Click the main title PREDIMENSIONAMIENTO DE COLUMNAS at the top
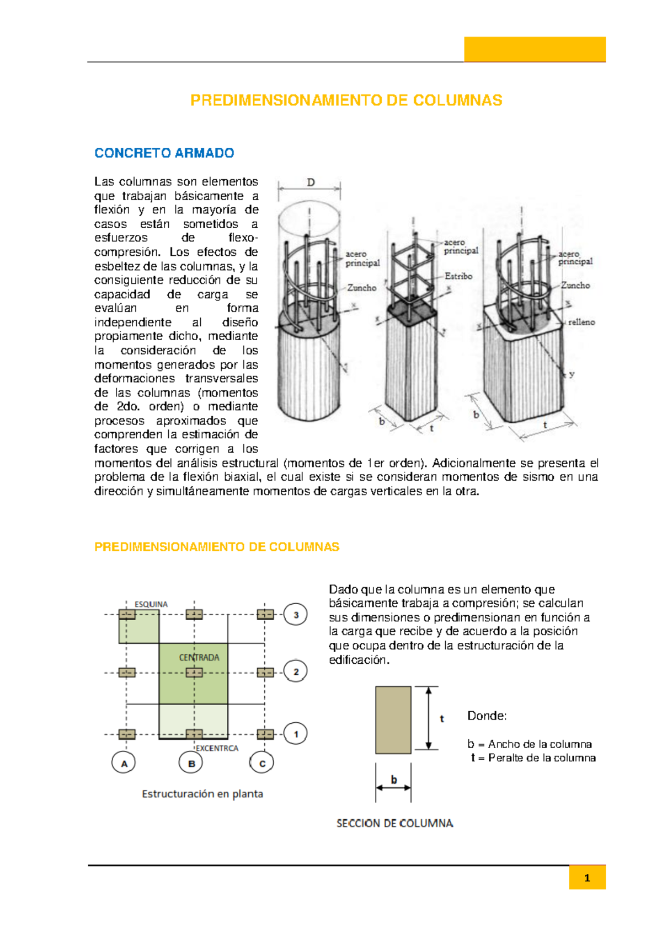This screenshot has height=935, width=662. click(346, 100)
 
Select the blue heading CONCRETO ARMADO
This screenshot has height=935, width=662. click(164, 153)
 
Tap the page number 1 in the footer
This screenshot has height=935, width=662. click(587, 878)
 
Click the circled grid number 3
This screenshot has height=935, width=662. click(296, 615)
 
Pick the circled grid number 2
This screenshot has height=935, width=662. click(296, 671)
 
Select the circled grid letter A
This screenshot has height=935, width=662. click(124, 764)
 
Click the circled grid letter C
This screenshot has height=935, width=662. click(262, 764)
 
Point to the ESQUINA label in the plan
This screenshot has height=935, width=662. click(151, 604)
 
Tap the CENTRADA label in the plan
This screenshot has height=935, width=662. click(199, 657)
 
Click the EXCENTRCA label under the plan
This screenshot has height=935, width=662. click(217, 748)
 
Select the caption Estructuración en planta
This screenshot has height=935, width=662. click(202, 794)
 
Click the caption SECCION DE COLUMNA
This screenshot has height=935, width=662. click(395, 823)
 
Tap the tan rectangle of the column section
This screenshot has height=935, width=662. click(393, 719)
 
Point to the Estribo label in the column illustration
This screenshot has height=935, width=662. click(458, 276)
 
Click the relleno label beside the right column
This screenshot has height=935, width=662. click(581, 322)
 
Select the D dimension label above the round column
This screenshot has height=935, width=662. click(311, 182)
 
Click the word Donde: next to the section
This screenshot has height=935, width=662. click(487, 716)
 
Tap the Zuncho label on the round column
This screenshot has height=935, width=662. click(362, 288)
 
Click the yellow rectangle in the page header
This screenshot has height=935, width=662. click(535, 49)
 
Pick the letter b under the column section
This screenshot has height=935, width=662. click(394, 779)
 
